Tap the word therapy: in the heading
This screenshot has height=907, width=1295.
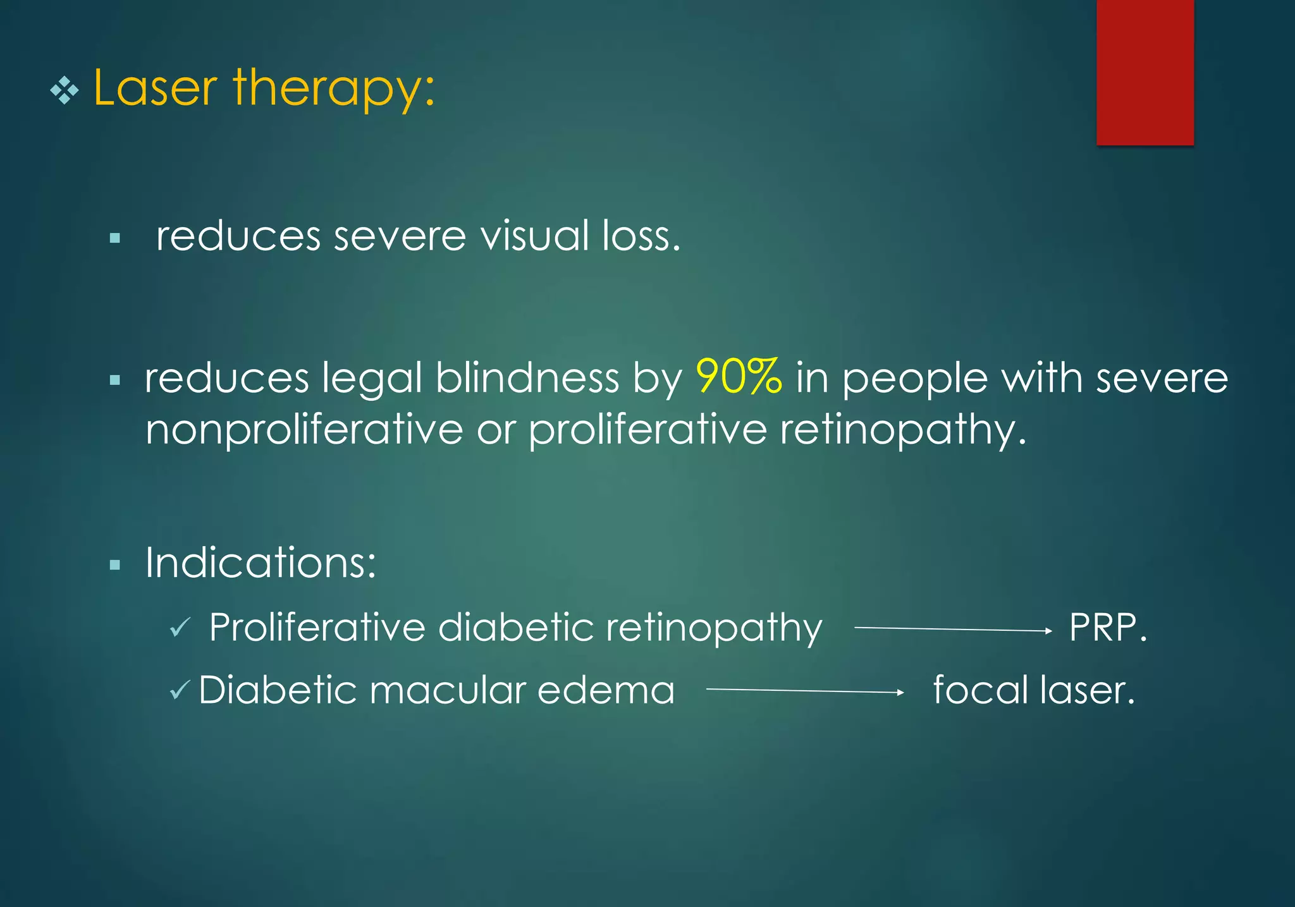334,88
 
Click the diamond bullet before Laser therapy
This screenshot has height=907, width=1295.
64,92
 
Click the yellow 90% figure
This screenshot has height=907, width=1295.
739,377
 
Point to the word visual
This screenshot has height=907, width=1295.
535,236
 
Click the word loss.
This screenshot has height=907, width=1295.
641,236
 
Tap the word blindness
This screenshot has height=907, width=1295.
527,378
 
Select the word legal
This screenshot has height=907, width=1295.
372,379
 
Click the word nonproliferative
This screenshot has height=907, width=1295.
304,430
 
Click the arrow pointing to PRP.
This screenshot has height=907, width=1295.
952,629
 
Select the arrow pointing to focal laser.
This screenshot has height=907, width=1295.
804,691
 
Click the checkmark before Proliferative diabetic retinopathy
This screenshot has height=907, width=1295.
180,628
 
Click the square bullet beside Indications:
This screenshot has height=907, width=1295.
114,564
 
